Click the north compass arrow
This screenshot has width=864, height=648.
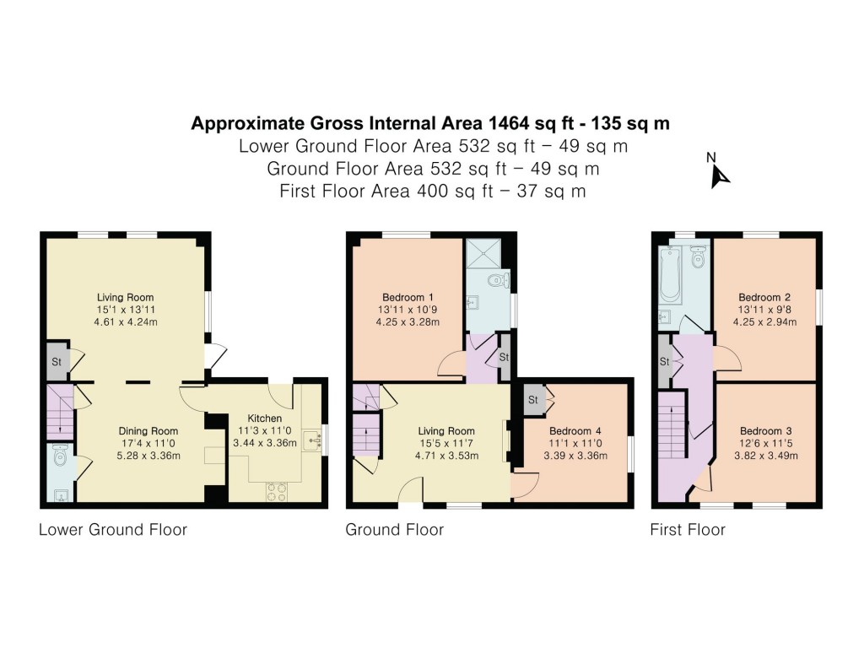point(720,175)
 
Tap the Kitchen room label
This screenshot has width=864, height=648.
point(264,418)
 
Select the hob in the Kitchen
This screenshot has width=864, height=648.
point(277,491)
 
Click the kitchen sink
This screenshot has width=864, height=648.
point(315,439)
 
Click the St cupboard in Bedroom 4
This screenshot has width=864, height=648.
point(534,399)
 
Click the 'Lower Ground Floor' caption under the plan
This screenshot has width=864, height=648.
point(112,530)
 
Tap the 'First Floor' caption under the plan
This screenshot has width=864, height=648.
point(687,530)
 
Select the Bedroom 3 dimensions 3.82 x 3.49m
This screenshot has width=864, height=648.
point(764,456)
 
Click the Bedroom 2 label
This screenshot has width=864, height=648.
point(764,297)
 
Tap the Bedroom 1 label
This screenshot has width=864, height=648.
point(408,297)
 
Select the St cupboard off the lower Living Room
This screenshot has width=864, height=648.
point(56,360)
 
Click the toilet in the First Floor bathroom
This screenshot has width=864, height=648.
point(698,257)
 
